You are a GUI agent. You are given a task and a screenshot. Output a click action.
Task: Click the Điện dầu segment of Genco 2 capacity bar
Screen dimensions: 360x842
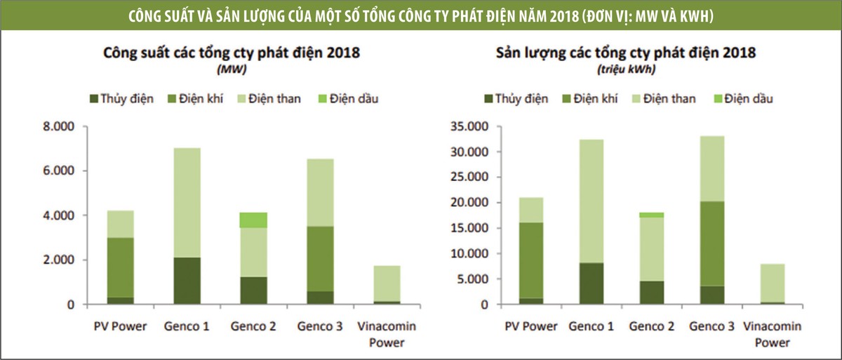pos(253,220)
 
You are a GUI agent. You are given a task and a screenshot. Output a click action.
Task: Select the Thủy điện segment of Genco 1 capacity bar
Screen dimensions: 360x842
pos(187,281)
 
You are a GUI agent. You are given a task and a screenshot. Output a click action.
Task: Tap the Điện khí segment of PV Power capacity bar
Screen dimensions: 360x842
pos(120,267)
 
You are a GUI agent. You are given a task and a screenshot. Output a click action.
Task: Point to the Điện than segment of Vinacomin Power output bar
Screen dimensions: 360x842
pos(772,283)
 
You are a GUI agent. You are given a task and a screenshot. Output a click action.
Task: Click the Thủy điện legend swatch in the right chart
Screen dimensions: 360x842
pos(487,98)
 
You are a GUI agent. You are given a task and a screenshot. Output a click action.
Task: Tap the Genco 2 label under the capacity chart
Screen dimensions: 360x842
pos(253,326)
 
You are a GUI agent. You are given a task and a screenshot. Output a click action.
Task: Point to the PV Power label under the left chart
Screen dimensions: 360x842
pos(120,326)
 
